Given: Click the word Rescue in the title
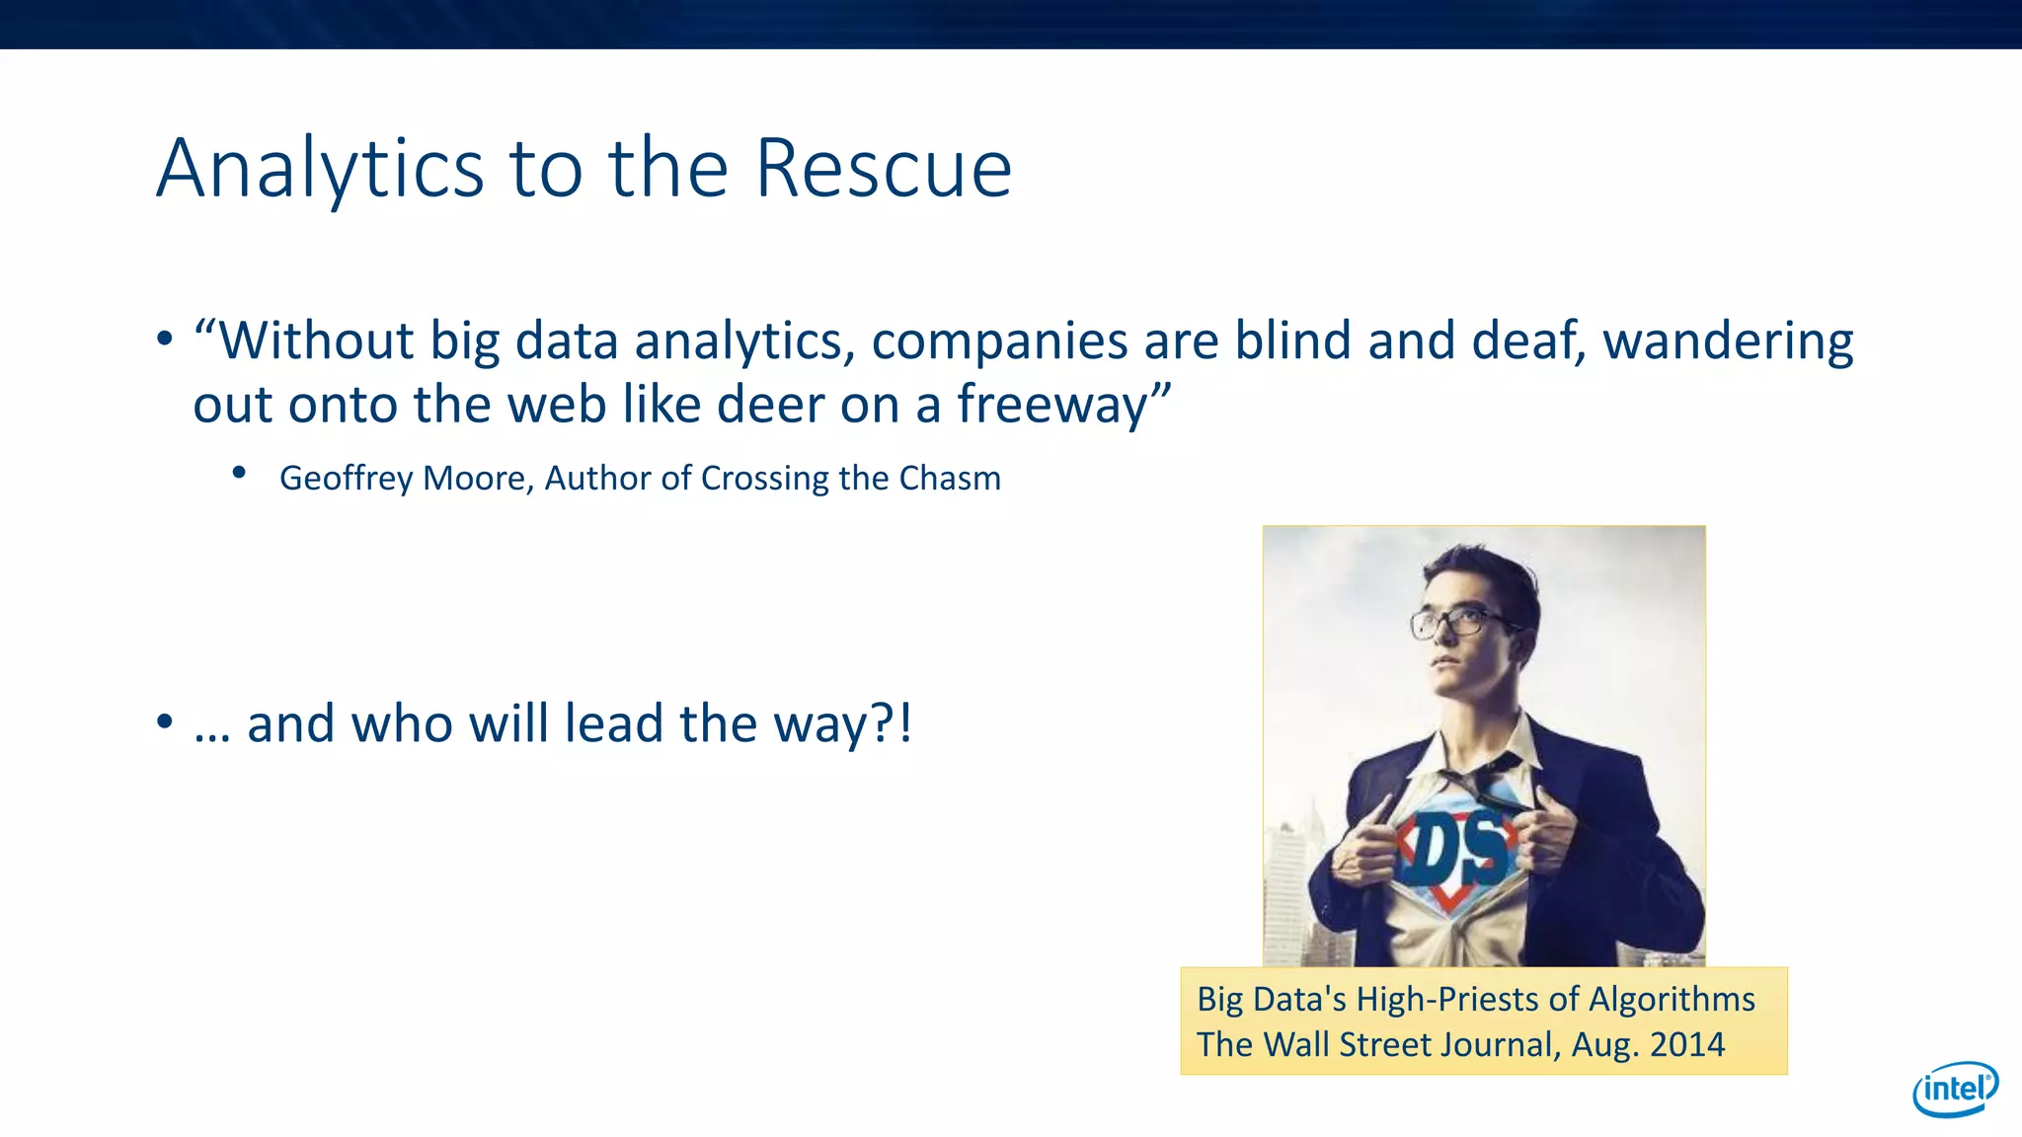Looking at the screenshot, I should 883,169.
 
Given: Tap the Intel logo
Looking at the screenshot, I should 1955,1089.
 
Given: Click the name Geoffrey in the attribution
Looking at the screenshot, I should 347,479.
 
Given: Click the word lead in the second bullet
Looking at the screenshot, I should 613,723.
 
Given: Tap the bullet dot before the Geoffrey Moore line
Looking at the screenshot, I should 239,474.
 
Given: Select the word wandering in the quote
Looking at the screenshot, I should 1727,342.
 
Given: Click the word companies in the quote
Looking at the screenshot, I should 999,342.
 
